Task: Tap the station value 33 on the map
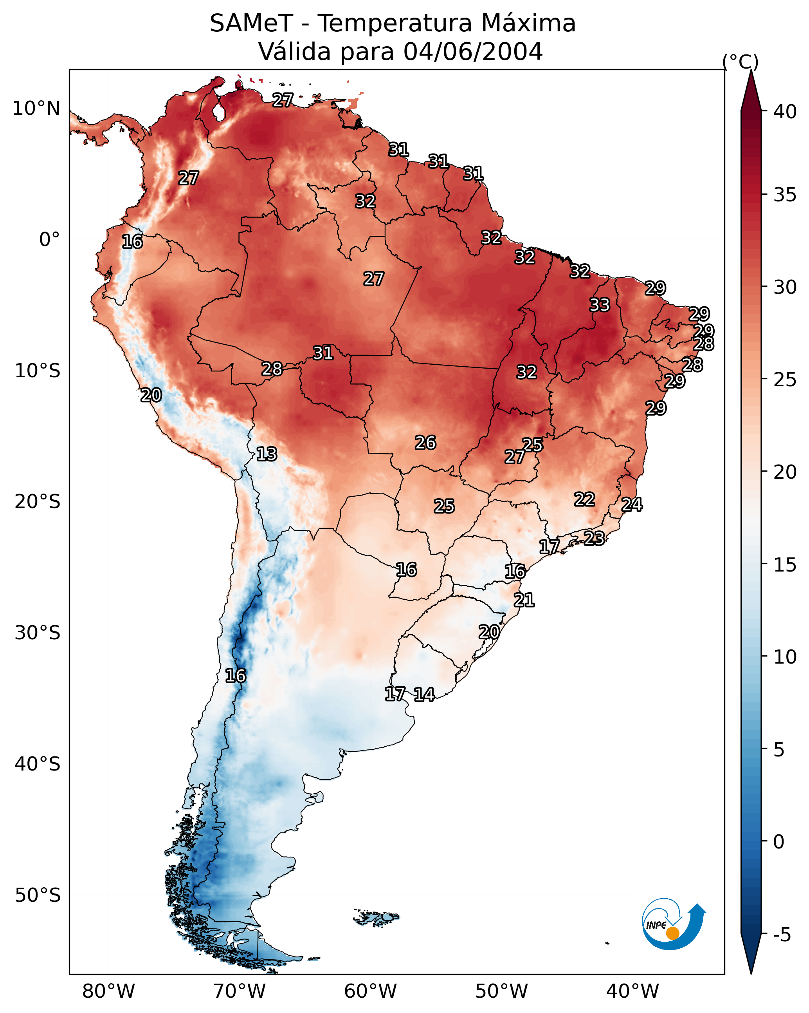click(600, 305)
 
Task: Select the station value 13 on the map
click(267, 454)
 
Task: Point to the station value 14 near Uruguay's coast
click(424, 695)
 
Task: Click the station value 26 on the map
click(425, 443)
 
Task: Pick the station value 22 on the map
click(585, 499)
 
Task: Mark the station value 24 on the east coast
click(632, 505)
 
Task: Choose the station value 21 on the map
click(524, 600)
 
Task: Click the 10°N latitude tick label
click(36, 109)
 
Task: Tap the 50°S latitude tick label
click(38, 895)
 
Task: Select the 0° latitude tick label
click(49, 240)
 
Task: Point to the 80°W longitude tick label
click(108, 991)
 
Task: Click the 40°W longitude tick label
click(632, 991)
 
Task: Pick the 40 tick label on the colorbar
click(785, 112)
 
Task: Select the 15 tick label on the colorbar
click(785, 565)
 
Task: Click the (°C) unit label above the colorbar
click(740, 62)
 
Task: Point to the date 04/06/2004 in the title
click(473, 52)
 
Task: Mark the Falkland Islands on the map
click(377, 918)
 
